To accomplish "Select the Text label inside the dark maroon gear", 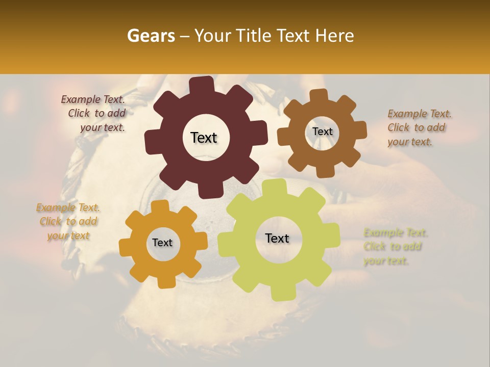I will [204, 138].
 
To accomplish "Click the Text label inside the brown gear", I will [322, 132].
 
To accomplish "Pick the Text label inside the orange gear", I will [162, 243].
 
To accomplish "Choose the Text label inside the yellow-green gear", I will [277, 238].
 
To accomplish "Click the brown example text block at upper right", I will [420, 128].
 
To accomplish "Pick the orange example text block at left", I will [68, 222].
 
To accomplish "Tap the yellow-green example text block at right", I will [395, 247].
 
